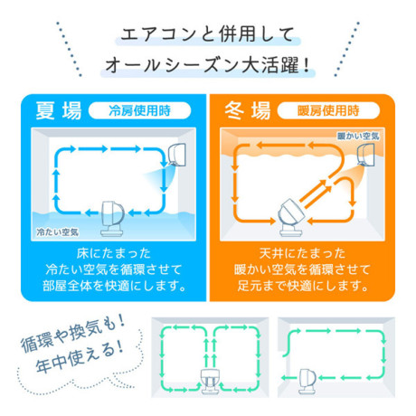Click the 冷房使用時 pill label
tap(139, 110)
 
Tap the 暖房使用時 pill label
tap(328, 110)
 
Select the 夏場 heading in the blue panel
tap(59, 110)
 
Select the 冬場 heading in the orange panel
tap(248, 110)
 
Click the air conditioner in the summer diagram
tap(177, 155)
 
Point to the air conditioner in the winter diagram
tap(365, 155)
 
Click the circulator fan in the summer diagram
tap(112, 219)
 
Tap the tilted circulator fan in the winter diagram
tap(291, 217)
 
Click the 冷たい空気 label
tap(57, 232)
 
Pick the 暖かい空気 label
tap(358, 136)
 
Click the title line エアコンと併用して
tap(207, 34)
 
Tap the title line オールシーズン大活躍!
tap(207, 65)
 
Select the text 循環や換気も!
tap(72, 333)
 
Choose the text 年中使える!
tap(80, 357)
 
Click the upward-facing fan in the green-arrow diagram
tap(210, 381)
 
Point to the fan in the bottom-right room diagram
tap(307, 381)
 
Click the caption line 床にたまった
tap(114, 253)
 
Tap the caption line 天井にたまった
tap(302, 253)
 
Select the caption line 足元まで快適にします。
tap(302, 286)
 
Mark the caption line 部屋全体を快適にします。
tap(114, 286)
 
